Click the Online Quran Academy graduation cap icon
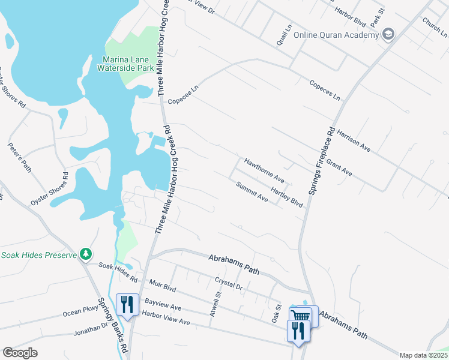[x=388, y=34]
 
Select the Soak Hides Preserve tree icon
[x=86, y=254]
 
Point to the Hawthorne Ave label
[x=264, y=170]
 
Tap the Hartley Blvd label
[x=287, y=196]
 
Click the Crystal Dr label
[x=228, y=284]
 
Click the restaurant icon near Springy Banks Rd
[x=127, y=304]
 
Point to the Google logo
[x=20, y=353]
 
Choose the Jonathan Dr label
[x=91, y=329]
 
